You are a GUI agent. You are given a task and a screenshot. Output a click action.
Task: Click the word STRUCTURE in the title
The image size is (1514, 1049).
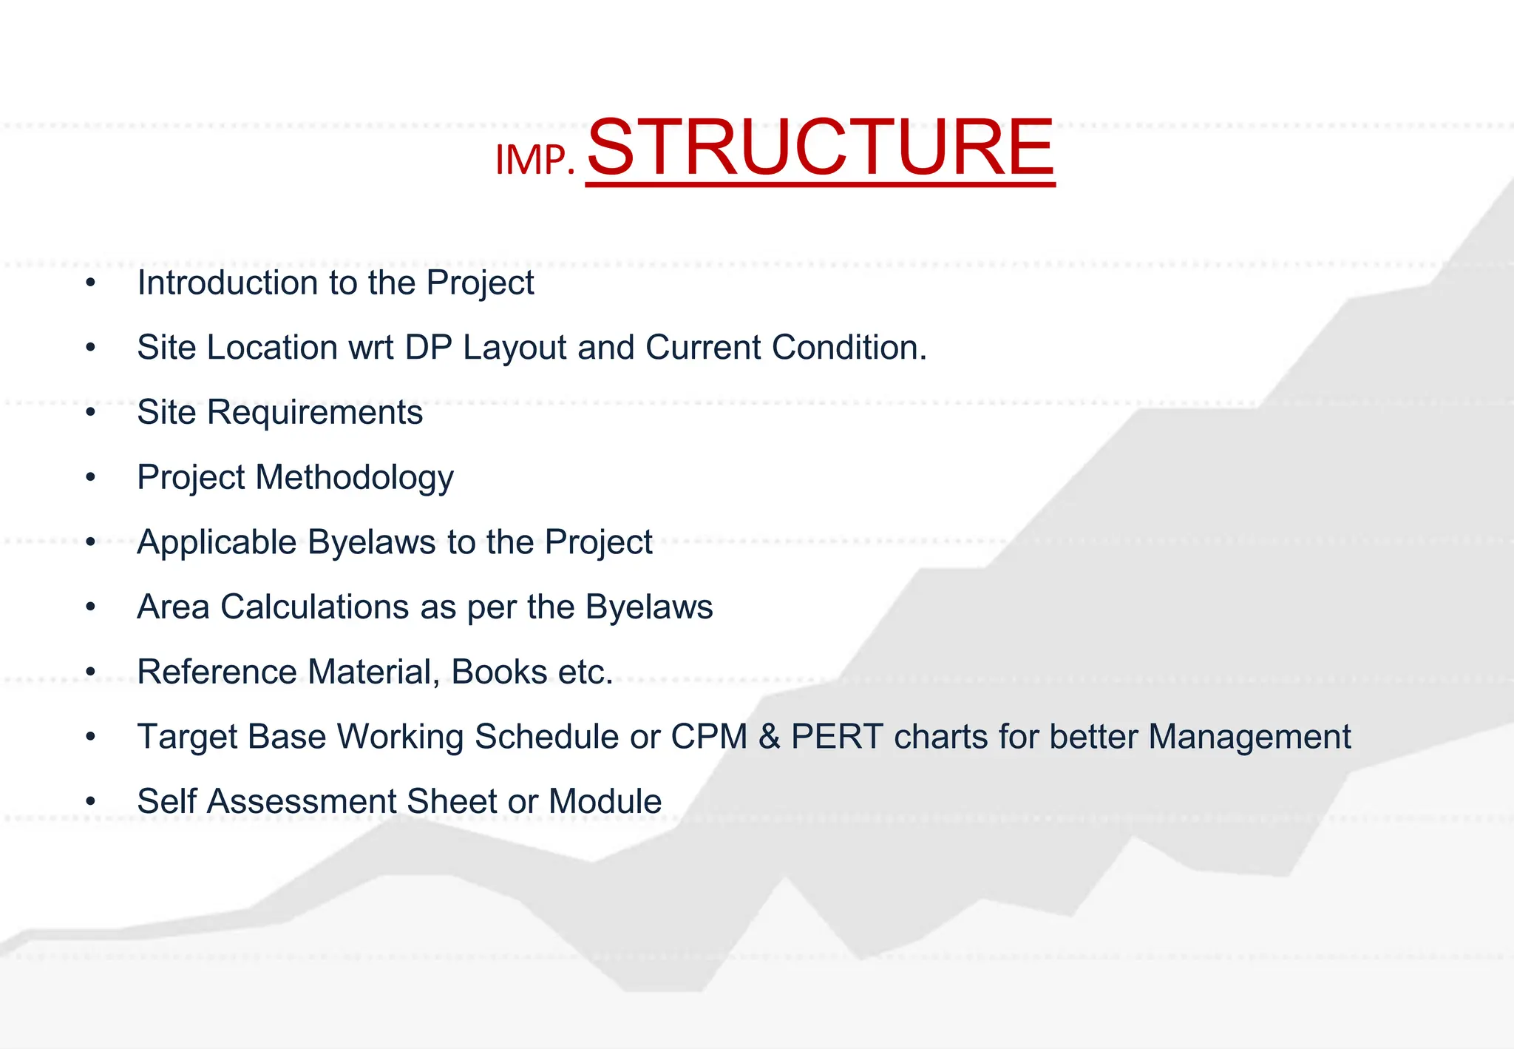coord(820,148)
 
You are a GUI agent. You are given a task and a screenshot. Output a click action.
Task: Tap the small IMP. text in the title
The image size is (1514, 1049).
coord(534,160)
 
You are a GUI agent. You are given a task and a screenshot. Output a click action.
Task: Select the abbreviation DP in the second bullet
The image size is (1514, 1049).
coord(428,348)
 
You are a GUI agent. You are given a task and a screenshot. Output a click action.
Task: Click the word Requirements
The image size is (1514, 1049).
coord(314,413)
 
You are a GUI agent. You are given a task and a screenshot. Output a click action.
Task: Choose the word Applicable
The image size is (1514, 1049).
coord(217,542)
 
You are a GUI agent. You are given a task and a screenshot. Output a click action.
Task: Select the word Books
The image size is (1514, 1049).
coord(499,672)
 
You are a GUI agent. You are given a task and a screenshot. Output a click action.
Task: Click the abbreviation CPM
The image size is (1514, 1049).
coord(708,737)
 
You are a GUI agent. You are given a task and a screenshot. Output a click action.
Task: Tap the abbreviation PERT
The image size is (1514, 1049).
coord(837,737)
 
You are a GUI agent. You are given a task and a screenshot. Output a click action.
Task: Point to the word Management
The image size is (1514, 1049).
coord(1249,737)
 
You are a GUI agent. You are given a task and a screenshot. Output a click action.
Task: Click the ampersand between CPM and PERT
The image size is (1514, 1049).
coord(770,737)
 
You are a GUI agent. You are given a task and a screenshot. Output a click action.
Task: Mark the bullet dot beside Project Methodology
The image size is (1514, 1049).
coord(90,478)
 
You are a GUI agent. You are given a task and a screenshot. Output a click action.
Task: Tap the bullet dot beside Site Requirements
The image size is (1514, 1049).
coord(90,413)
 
